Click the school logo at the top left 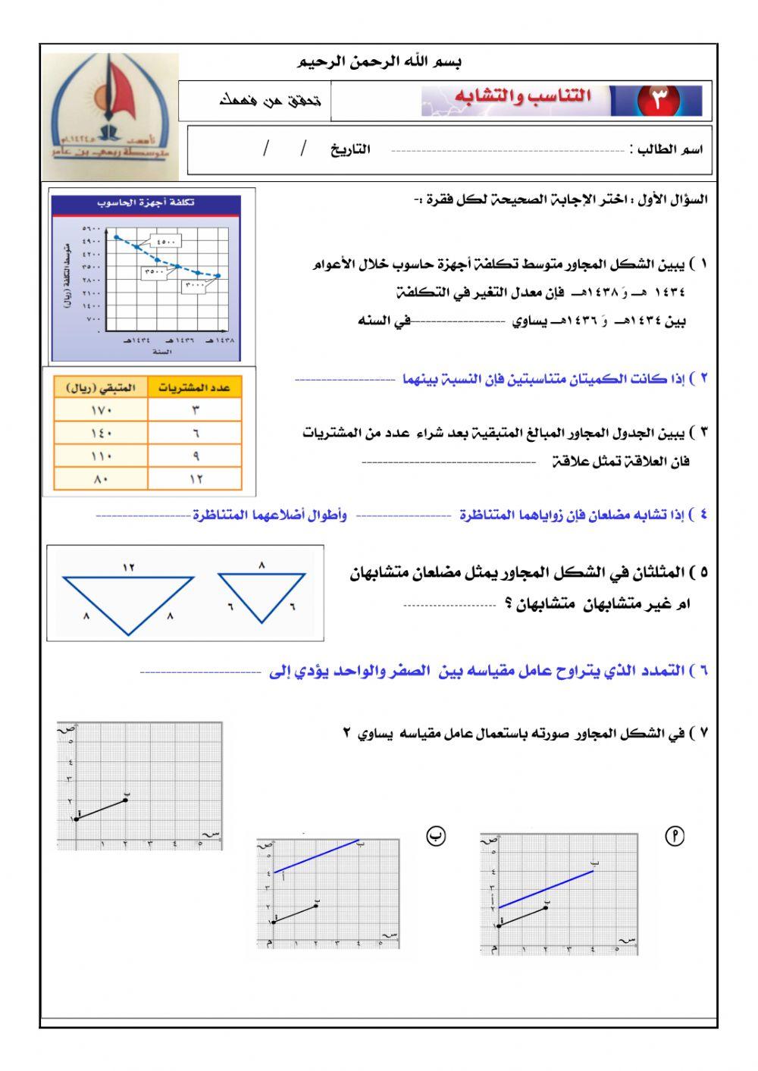(x=111, y=115)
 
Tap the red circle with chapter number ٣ (x=656, y=101)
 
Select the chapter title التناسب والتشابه (x=523, y=97)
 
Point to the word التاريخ (x=349, y=149)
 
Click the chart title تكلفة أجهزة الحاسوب (x=146, y=202)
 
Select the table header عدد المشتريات (x=195, y=387)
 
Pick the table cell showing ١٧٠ (x=101, y=410)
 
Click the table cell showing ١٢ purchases (x=196, y=479)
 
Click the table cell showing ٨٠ (x=101, y=479)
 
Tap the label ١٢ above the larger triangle (x=128, y=567)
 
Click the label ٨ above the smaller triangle (x=262, y=565)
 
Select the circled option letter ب (x=435, y=835)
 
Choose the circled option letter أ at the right (x=674, y=835)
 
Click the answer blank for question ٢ (x=345, y=379)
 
